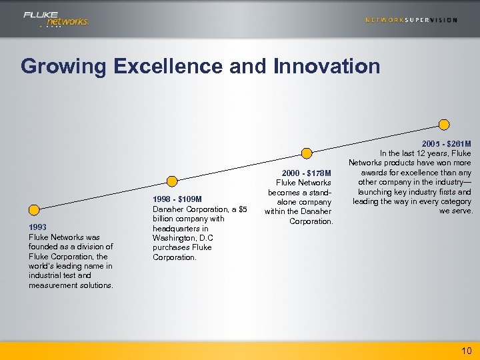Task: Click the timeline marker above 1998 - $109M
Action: pos(172,181)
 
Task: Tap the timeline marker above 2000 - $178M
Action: pos(307,153)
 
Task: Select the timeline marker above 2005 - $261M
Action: pos(444,124)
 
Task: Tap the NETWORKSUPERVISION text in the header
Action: pos(411,20)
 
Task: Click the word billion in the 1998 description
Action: pos(165,219)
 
